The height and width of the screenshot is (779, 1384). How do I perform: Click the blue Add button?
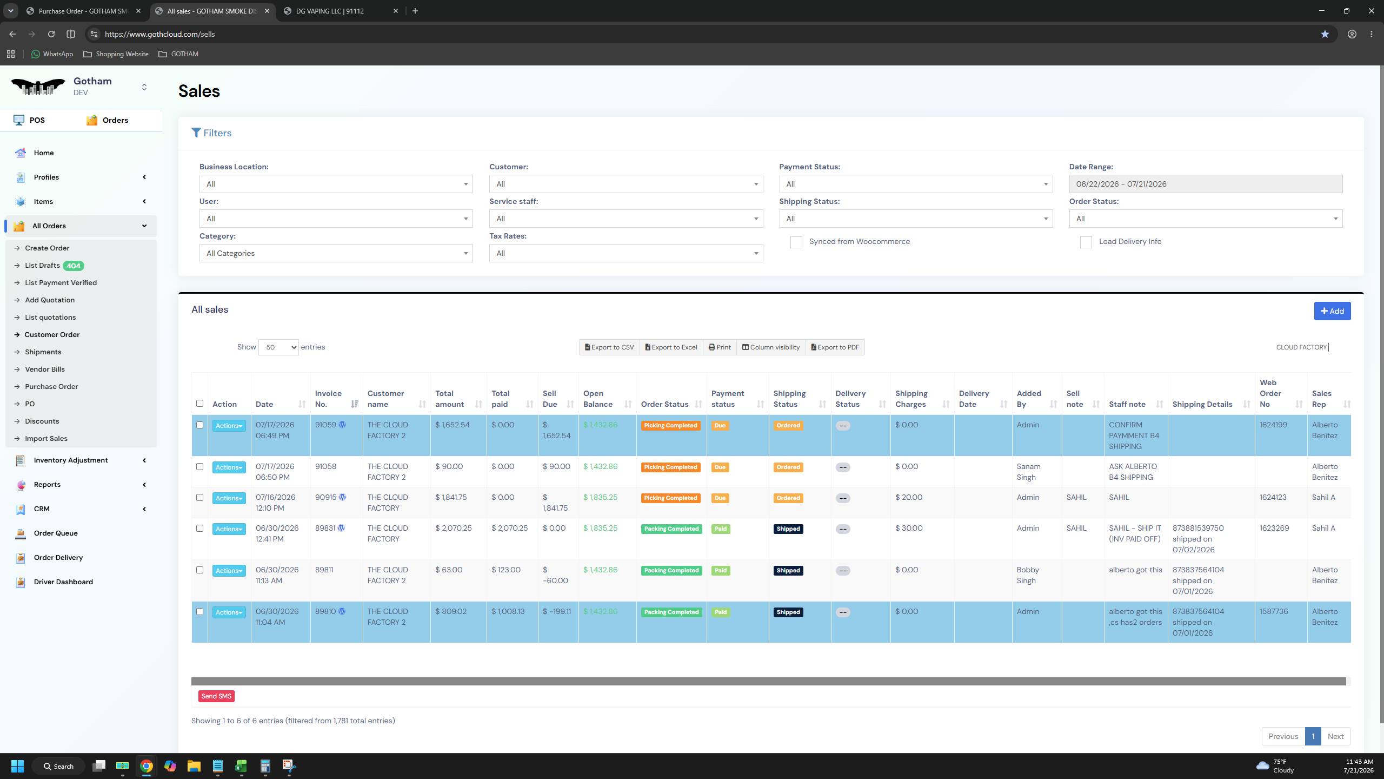coord(1332,311)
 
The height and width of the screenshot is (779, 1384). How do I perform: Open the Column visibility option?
coord(770,347)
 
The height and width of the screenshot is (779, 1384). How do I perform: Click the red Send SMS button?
coord(216,696)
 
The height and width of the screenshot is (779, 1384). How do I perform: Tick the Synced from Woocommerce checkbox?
coord(796,242)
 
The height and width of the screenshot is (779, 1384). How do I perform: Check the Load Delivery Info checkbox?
coord(1086,242)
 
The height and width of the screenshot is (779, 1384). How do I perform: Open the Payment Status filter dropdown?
coord(916,184)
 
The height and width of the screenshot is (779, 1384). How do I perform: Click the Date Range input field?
coord(1206,184)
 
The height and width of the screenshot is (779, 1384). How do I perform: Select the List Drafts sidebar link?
coord(42,266)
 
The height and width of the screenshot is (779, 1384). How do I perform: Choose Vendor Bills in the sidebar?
coord(45,369)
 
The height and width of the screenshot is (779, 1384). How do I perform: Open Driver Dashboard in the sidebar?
coord(63,582)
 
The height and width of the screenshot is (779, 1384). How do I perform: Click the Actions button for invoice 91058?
coord(229,467)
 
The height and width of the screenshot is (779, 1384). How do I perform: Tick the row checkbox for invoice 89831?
coord(199,529)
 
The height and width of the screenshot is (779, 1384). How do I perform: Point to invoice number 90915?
coord(325,498)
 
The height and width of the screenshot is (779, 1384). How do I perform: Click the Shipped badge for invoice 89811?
coord(788,571)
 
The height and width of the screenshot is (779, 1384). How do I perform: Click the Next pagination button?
coord(1335,736)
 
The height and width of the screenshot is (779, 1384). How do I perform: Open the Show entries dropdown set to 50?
coord(278,347)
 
